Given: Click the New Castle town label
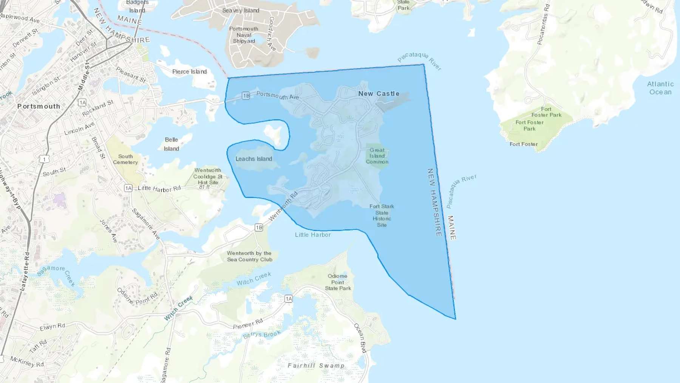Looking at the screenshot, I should coord(379,94).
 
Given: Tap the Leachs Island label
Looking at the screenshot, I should coord(253,159).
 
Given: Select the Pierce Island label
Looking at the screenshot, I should coord(189,71).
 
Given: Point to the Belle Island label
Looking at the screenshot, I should coord(171,144).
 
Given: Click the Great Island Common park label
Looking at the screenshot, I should coord(377,156).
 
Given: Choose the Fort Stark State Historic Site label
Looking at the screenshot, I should coord(382,216).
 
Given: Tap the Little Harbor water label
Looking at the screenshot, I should coord(313,235).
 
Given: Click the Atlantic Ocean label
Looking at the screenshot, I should coord(660,88).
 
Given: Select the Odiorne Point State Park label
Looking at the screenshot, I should coord(338,282).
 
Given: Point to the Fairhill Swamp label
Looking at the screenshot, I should coord(316,366).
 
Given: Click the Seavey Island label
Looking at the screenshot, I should coord(241,11).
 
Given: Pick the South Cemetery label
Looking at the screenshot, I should coord(125,159).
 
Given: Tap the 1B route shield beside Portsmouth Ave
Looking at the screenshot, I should coord(246,96).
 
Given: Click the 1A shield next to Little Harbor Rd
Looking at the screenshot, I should coord(128,188).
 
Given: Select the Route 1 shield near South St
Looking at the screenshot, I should coord(44,159).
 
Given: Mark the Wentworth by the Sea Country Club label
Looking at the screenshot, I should coord(249,256).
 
